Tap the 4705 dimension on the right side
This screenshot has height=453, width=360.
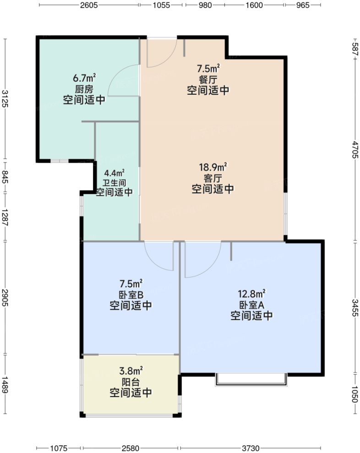(x=355, y=163)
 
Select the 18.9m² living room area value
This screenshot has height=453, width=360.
(x=213, y=168)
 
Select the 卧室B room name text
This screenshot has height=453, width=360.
(x=131, y=295)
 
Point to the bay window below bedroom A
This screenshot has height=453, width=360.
(x=251, y=379)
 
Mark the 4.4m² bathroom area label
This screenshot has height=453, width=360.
(x=114, y=173)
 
